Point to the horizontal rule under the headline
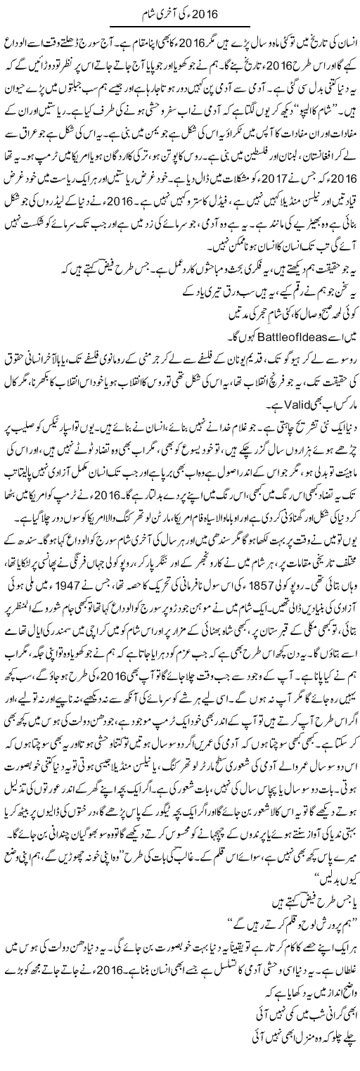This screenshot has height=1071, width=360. (x=179, y=27)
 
